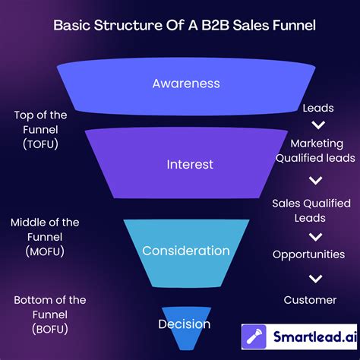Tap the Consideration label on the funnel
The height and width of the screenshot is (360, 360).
point(186,250)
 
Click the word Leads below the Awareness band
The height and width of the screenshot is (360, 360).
point(317,109)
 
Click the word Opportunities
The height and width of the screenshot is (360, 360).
point(309,254)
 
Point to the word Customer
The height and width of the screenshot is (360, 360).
point(310,300)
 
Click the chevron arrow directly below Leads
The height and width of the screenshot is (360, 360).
point(319,125)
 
